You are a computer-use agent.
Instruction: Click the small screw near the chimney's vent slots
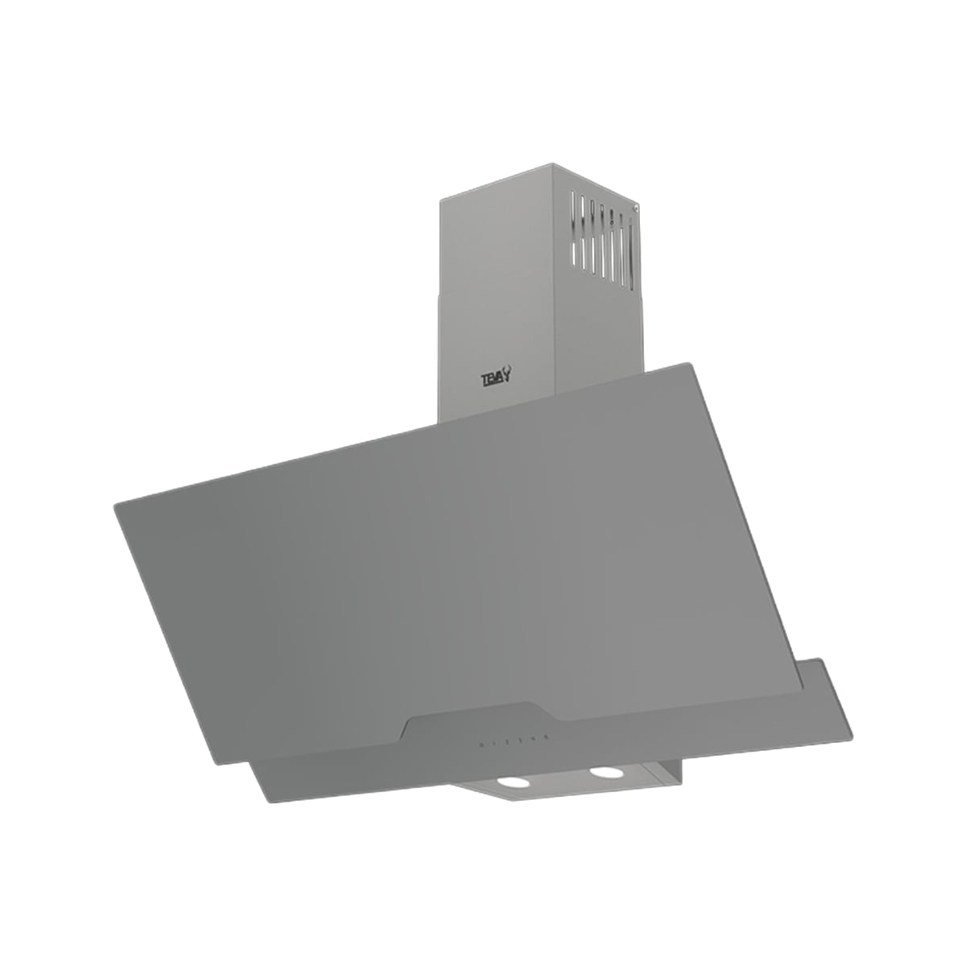coord(635,208)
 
